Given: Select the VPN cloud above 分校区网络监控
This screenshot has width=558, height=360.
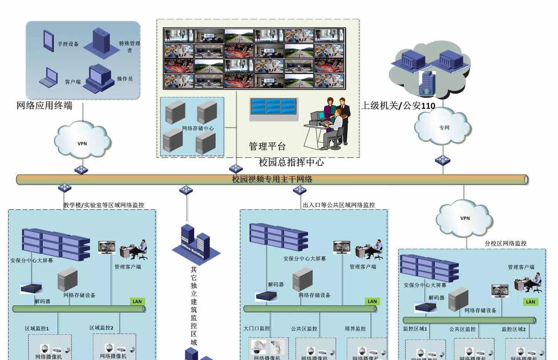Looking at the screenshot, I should coord(465,218).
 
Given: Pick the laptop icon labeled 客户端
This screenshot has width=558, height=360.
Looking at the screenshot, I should coord(48,77).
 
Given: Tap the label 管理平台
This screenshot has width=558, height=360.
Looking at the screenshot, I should coord(267,146).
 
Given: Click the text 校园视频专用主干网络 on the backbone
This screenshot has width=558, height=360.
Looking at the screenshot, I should coord(272,179).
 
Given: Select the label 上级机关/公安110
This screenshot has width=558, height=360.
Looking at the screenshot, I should coord(398,106).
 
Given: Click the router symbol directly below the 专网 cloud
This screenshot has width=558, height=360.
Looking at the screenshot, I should coord(442,160).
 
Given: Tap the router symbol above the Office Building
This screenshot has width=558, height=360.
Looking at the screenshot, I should coord(186,190).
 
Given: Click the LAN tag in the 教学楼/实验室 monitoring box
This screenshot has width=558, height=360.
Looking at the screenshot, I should coord(137,301).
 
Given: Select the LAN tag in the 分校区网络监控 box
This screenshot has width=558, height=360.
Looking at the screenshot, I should coord(530,302).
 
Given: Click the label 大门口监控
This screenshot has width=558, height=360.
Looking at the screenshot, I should coord(257,328).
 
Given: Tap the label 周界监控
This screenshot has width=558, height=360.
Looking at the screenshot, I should coord(355,329).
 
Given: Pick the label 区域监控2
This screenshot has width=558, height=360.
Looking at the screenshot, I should coord(101,328).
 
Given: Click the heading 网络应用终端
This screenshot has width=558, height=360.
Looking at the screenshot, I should coord(44,106).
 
